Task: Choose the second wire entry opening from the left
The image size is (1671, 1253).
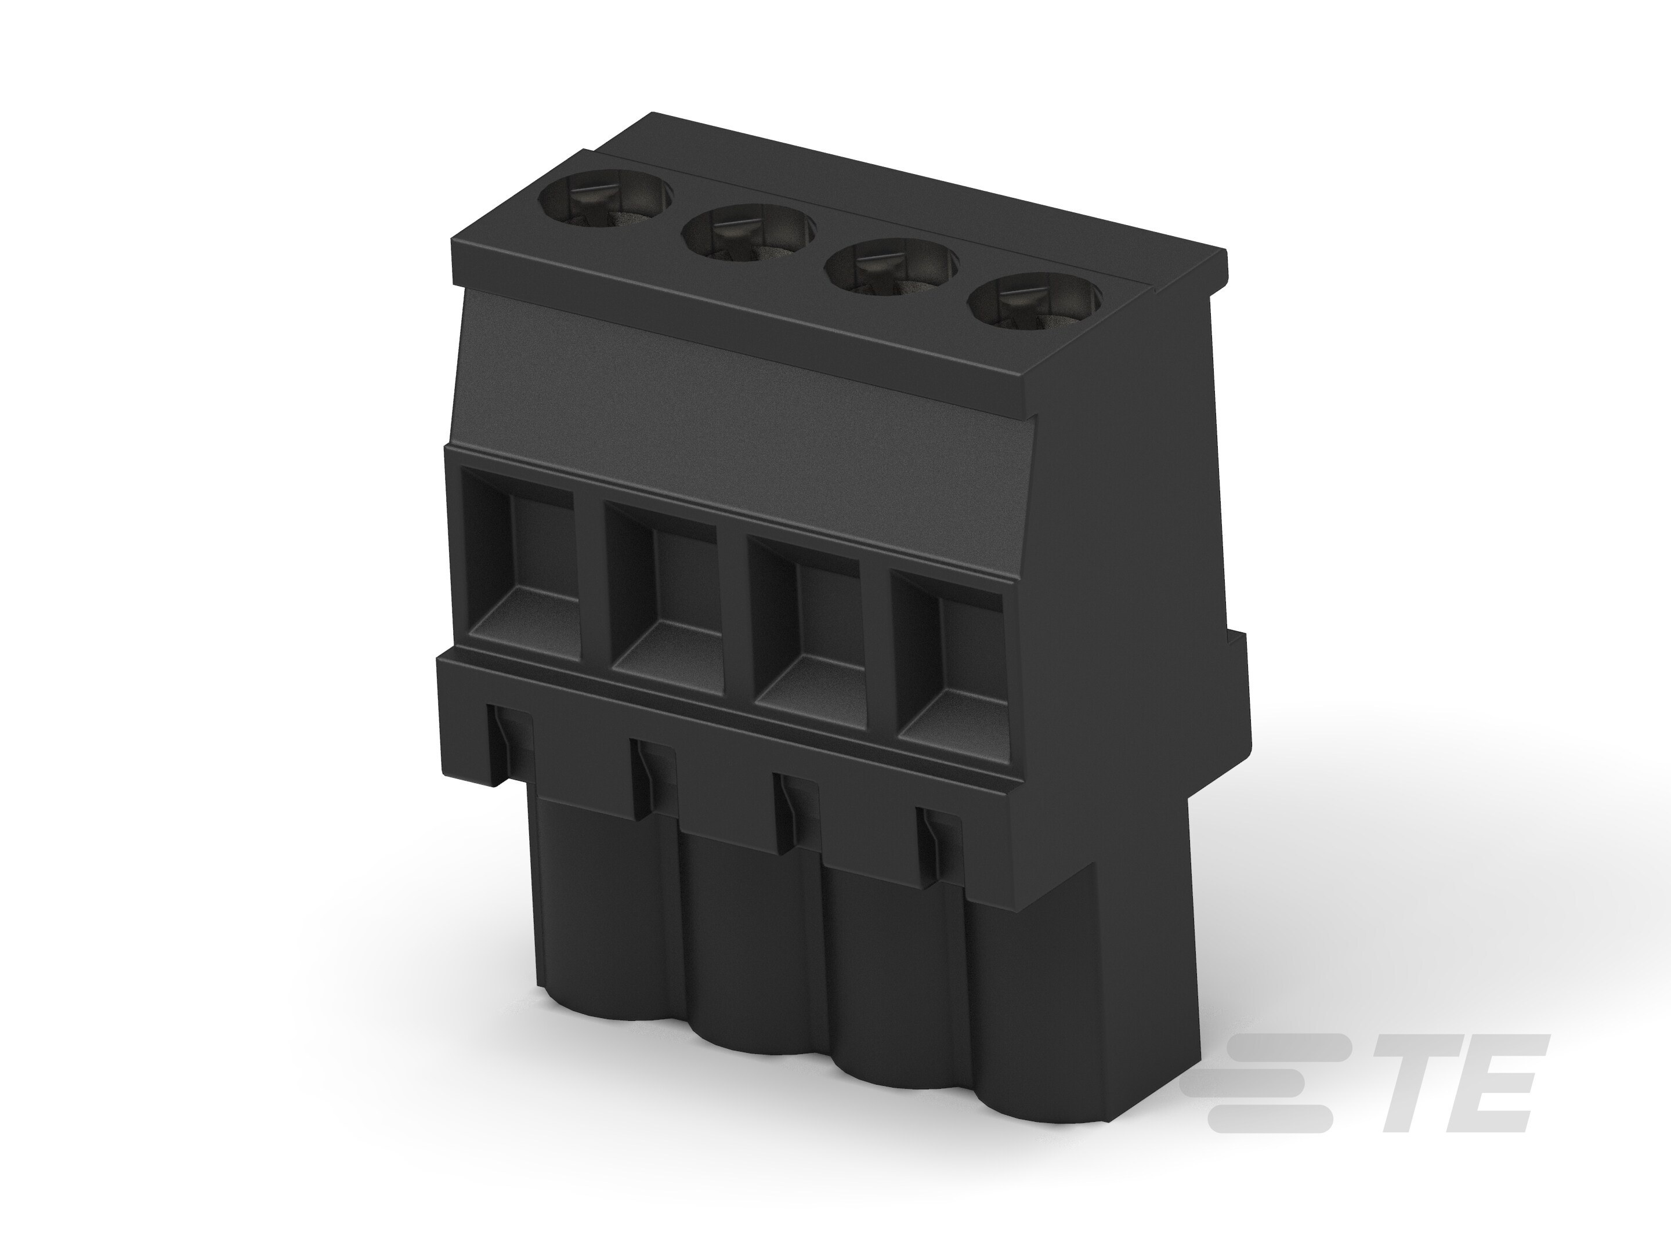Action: click(x=665, y=597)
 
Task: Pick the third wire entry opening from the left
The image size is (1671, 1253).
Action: click(x=808, y=633)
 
